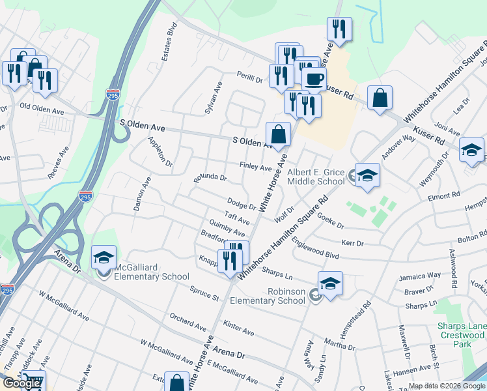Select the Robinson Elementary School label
tap(286, 296)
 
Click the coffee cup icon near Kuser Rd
tap(314, 80)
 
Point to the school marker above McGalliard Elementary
tap(104, 257)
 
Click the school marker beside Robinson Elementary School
tap(330, 283)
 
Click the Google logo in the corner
tap(21, 383)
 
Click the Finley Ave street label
tap(255, 167)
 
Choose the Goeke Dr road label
tap(331, 223)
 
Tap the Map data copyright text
tap(447, 386)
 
